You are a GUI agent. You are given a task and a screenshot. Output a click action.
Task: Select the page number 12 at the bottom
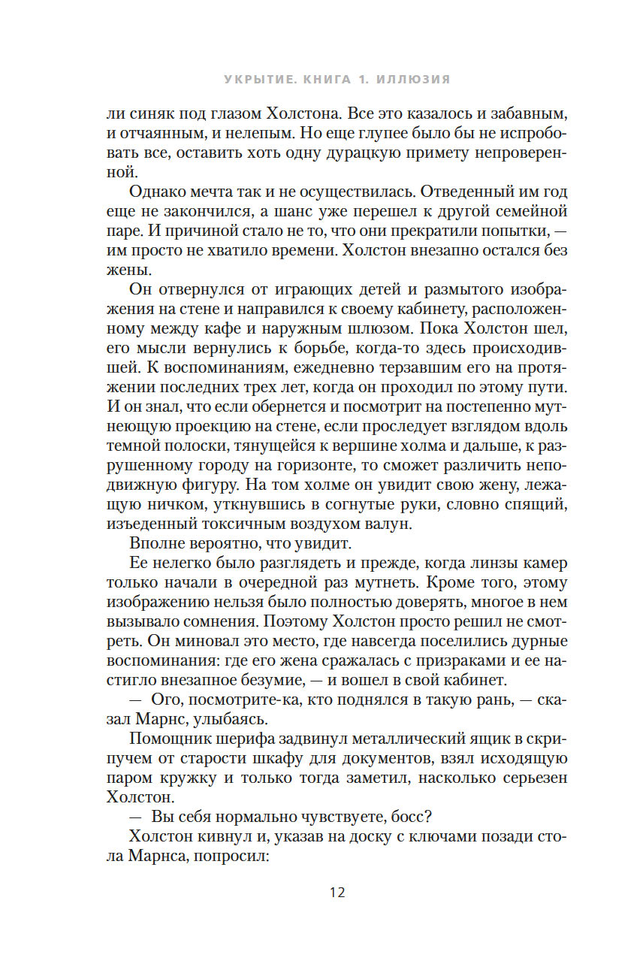(x=337, y=893)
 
